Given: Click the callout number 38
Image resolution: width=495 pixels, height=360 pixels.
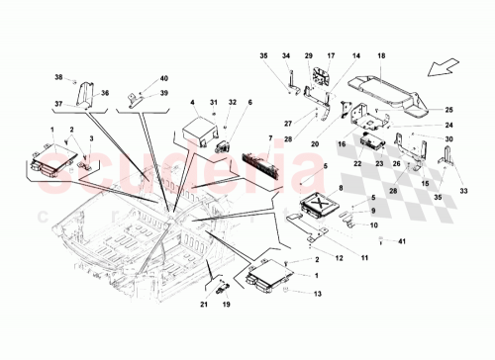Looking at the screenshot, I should (x=58, y=77).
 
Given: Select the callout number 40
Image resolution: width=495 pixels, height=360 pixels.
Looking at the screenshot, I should (x=164, y=77).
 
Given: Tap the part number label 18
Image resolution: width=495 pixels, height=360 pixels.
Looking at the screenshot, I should (x=382, y=57).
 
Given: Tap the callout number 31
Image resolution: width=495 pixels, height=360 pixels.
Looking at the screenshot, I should (x=213, y=103).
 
